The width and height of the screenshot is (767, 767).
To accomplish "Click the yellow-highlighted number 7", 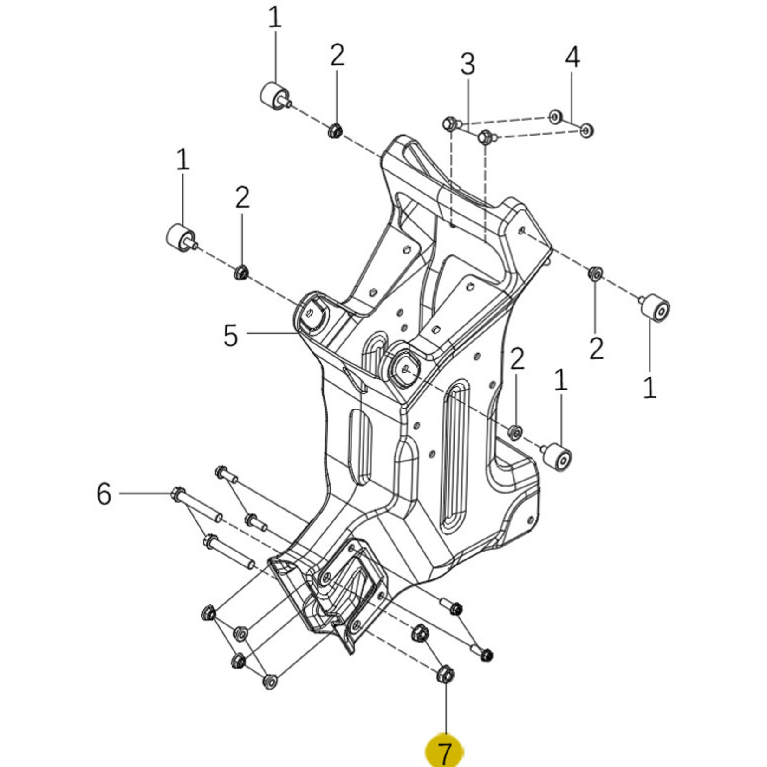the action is pos(444,751).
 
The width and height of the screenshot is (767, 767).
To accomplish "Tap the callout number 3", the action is pos(468,64).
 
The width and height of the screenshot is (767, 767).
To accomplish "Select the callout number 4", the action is pos(572,58).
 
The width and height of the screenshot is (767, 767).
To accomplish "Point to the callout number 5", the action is pos(231,335).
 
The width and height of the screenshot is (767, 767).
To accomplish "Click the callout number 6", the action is pos(104,494).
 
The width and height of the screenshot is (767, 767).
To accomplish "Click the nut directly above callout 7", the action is pos(445,674).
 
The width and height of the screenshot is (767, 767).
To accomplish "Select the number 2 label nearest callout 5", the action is pos(242,197).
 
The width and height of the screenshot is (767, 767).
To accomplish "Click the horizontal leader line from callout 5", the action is pos(271,333).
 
